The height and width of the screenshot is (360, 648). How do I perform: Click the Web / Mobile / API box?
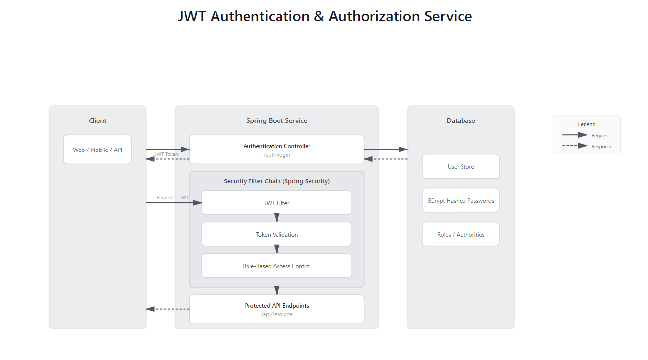(x=97, y=150)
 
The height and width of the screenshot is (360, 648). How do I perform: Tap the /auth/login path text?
(x=277, y=155)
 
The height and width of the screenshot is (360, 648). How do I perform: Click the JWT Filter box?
(x=277, y=203)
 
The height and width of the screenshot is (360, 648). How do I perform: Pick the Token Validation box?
(x=277, y=235)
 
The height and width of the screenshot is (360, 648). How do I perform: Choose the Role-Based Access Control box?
(x=277, y=266)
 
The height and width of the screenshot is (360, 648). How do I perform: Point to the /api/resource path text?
(x=277, y=314)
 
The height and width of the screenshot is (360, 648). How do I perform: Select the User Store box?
(x=461, y=167)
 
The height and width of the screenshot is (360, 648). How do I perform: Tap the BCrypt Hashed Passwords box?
(x=461, y=201)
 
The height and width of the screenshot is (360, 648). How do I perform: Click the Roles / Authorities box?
(x=461, y=235)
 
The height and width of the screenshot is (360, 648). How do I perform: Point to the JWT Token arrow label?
(x=166, y=154)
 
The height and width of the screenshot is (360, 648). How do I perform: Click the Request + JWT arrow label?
(x=173, y=198)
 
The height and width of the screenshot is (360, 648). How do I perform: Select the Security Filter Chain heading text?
(x=277, y=181)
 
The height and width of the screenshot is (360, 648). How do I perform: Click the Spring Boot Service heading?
(x=277, y=120)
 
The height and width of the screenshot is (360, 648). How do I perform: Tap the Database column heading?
(x=461, y=120)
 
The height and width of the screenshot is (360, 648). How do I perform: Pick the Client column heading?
(x=97, y=120)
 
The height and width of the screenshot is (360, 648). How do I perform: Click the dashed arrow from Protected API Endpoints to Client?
(x=167, y=309)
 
